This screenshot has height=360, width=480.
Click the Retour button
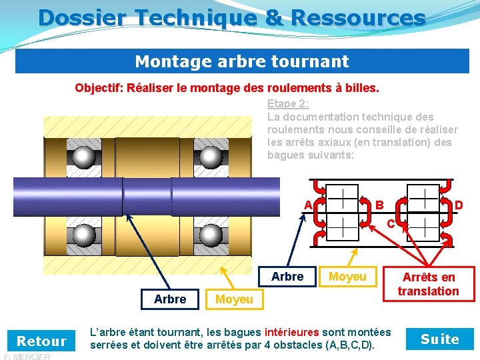[x=41, y=341]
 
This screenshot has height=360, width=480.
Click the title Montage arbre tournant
[x=241, y=62]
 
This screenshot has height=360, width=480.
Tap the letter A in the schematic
[x=308, y=204]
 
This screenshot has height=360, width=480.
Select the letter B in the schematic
[x=379, y=205]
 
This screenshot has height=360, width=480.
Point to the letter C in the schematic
[x=391, y=223]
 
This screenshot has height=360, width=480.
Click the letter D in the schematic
[x=459, y=205]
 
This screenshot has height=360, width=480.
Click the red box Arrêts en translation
[x=429, y=284]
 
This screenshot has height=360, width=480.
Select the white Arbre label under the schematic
[x=287, y=276]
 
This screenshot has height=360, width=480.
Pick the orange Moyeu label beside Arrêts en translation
[x=347, y=276]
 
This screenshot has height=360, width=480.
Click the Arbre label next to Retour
[x=170, y=299]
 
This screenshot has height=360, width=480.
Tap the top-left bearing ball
[x=84, y=157]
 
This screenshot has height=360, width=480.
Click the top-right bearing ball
[x=211, y=157]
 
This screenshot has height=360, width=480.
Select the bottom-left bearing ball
[x=84, y=235]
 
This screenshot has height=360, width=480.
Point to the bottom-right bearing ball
[x=211, y=235]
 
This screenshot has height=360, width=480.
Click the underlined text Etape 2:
[x=288, y=103]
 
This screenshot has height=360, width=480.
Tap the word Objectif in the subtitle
[x=99, y=88]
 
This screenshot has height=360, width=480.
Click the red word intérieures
[x=293, y=332]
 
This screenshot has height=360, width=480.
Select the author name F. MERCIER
[x=26, y=357]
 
